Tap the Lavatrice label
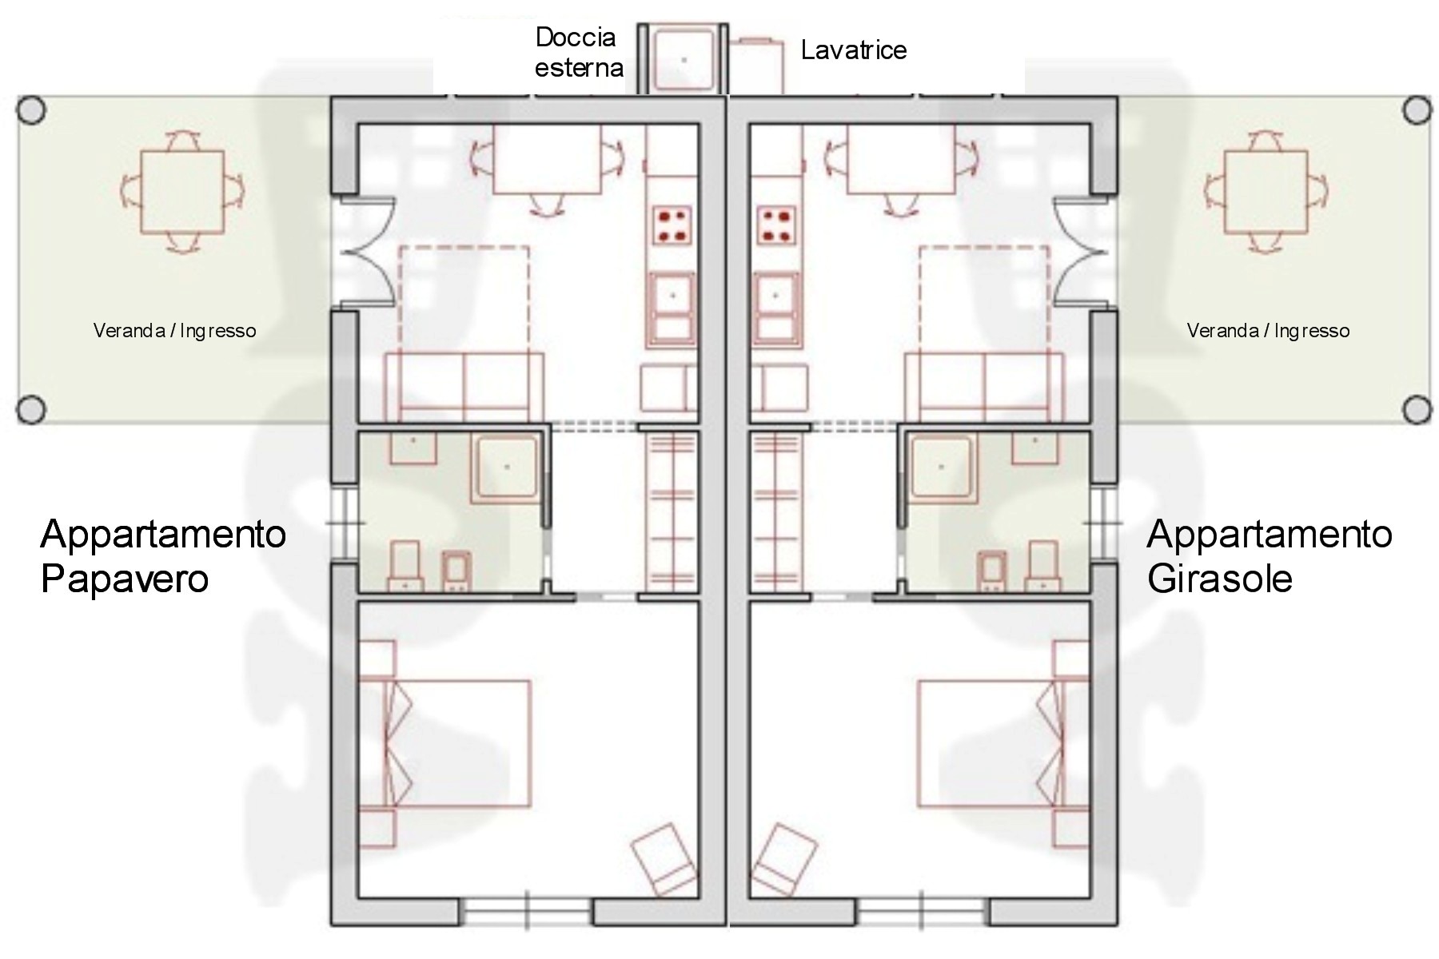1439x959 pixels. (x=854, y=50)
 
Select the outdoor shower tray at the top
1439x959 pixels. (x=684, y=59)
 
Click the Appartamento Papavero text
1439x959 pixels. (x=163, y=555)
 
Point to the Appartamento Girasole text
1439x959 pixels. (x=1270, y=555)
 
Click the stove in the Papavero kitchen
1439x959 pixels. (x=672, y=225)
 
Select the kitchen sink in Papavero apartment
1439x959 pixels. (x=672, y=308)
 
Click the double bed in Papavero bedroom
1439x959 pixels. (x=445, y=742)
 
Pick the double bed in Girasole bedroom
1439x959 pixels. (x=1003, y=742)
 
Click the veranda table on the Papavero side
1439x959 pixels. (x=182, y=191)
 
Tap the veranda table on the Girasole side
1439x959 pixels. (x=1266, y=191)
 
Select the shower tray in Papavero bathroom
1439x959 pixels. (x=507, y=468)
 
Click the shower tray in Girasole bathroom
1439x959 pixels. (x=942, y=468)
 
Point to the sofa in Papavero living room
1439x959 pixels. (x=464, y=387)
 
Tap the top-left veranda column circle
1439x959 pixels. (x=31, y=110)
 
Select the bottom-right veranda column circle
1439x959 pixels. (x=1418, y=410)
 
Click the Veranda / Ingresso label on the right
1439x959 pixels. (x=1268, y=331)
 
